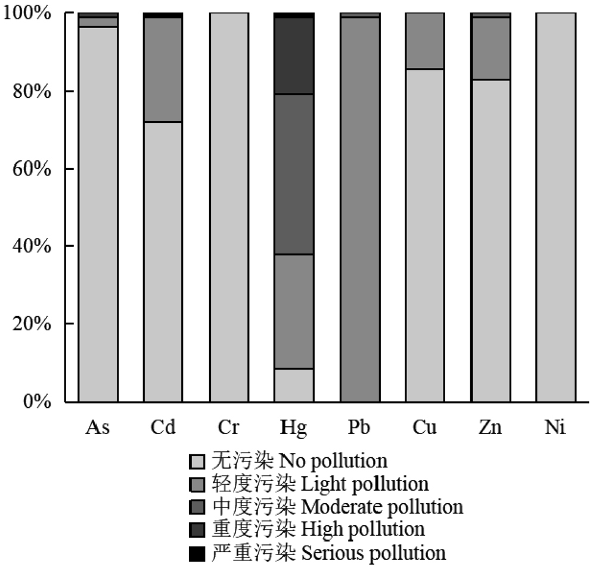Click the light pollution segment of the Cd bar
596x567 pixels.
(163, 69)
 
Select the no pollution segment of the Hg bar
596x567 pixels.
(294, 385)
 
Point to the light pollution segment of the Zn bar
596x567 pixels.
(490, 48)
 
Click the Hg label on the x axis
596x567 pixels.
(294, 428)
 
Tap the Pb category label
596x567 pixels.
(359, 428)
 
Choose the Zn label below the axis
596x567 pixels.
(490, 428)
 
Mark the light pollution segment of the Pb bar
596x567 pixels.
(359, 209)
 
